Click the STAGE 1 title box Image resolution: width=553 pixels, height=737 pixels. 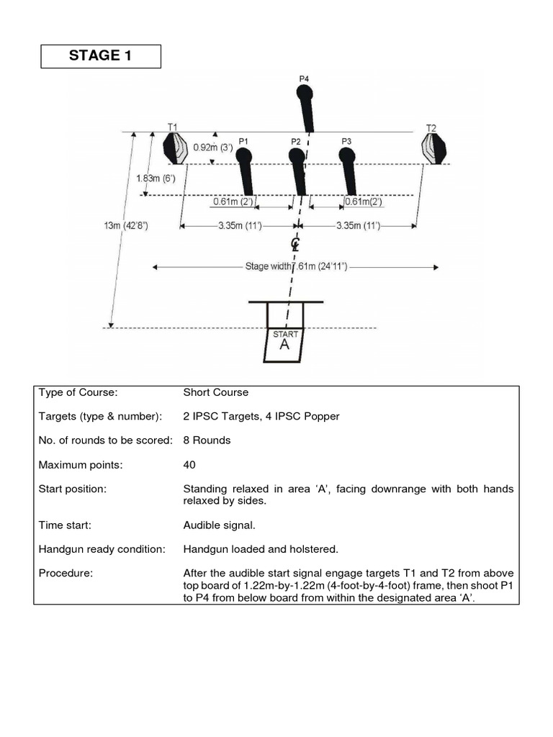click(x=100, y=56)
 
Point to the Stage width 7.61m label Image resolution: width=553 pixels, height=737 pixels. click(x=296, y=267)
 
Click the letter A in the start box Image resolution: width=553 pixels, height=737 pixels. click(x=284, y=345)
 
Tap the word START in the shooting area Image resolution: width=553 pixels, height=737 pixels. click(x=285, y=334)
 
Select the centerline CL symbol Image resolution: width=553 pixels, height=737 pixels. click(x=295, y=244)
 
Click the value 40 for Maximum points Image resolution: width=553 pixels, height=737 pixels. click(x=189, y=465)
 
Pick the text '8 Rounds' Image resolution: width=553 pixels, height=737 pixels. click(x=207, y=440)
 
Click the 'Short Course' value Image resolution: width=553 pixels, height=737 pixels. click(x=216, y=392)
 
